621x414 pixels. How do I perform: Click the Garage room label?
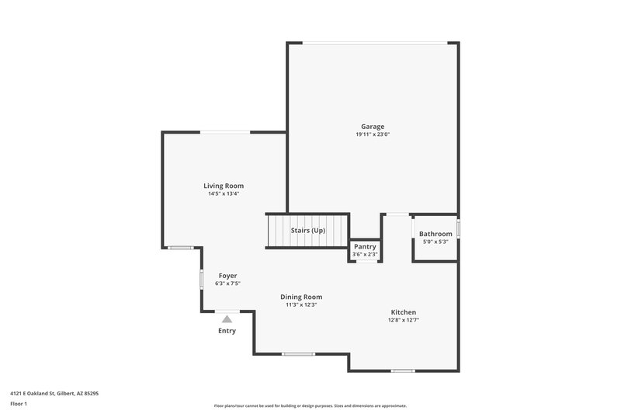click(372, 127)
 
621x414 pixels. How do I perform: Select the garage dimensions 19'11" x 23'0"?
click(372, 134)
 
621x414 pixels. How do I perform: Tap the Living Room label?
click(224, 186)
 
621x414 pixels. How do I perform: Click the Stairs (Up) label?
click(307, 231)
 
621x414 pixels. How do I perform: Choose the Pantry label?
click(364, 246)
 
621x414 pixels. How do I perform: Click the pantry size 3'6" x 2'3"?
click(364, 254)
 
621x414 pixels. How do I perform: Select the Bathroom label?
click(435, 234)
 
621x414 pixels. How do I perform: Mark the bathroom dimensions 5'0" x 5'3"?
click(435, 242)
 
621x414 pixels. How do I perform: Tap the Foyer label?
click(227, 276)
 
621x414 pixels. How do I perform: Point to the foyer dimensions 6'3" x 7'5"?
click(227, 284)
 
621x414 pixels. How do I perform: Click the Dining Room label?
click(301, 297)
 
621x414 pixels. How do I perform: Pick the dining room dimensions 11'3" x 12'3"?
click(301, 304)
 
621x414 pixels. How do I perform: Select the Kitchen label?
click(403, 312)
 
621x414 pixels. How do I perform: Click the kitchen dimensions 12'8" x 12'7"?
click(403, 320)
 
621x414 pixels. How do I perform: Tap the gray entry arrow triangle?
click(227, 318)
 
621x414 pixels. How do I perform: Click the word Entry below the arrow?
click(227, 331)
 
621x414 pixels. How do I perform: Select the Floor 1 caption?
click(19, 404)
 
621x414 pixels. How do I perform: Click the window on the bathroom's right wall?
click(458, 228)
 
